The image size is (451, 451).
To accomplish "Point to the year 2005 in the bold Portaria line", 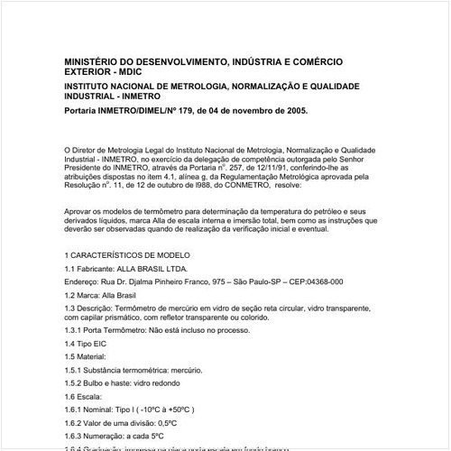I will pos(294,112).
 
